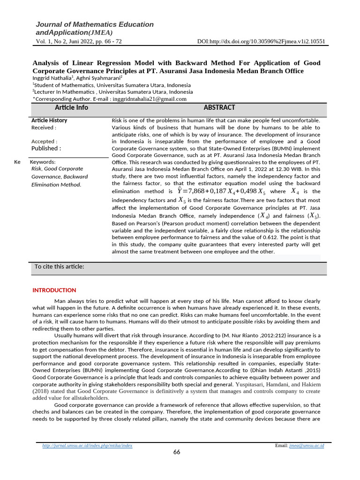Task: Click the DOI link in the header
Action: [x=262, y=41]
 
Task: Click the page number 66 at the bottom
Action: [x=177, y=452]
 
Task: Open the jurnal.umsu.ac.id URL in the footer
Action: [x=88, y=445]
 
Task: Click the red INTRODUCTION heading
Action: [x=54, y=290]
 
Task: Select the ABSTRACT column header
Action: [x=219, y=108]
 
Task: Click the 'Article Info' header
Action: [x=71, y=108]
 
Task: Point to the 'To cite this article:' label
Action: [x=59, y=267]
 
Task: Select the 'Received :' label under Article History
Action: [x=44, y=127]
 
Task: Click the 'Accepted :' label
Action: [x=44, y=141]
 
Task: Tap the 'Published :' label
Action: [x=46, y=149]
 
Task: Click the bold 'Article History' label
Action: [x=49, y=120]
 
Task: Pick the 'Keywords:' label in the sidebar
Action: [x=43, y=162]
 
